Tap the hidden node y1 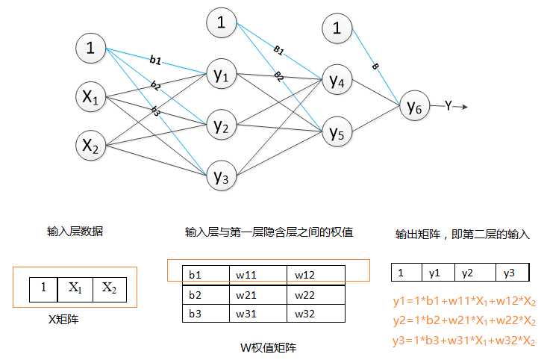pyautogui.click(x=222, y=75)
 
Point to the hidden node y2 pyautogui.click(x=222, y=125)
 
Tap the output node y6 pyautogui.click(x=415, y=107)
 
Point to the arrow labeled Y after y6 pyautogui.click(x=455, y=107)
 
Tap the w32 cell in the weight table pyautogui.click(x=314, y=313)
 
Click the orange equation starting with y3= pyautogui.click(x=464, y=341)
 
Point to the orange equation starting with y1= pyautogui.click(x=464, y=302)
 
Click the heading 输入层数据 pyautogui.click(x=75, y=232)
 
